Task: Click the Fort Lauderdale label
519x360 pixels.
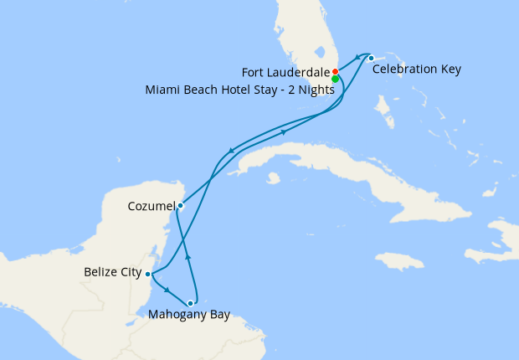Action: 287,71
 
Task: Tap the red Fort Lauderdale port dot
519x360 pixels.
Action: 335,71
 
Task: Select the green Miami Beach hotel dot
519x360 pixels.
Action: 335,80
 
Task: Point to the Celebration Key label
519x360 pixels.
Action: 417,68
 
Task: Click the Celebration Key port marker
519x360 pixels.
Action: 371,57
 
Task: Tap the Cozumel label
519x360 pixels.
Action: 152,205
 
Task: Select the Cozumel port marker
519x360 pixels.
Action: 181,204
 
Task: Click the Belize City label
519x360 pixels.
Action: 113,272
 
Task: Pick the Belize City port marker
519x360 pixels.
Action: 148,274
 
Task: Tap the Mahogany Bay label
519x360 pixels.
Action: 188,316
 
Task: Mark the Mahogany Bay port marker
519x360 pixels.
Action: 192,303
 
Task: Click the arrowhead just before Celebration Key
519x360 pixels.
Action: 358,57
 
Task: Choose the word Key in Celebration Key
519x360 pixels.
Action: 450,68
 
